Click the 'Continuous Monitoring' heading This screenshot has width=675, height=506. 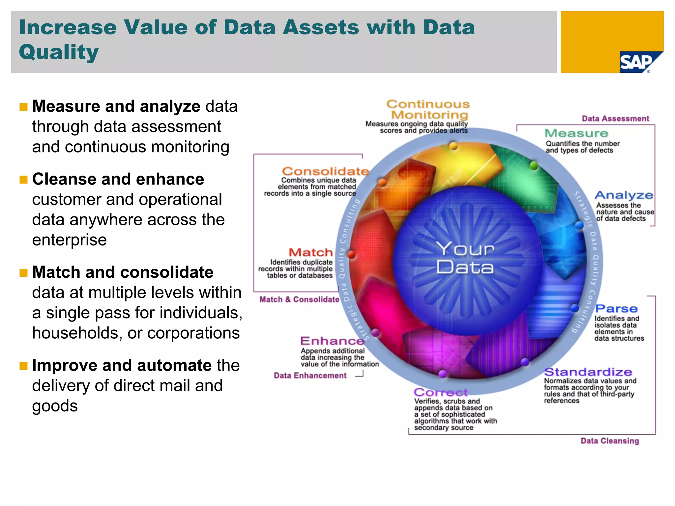(x=428, y=109)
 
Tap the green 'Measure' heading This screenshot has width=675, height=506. (x=576, y=133)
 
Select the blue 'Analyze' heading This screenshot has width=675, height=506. (x=624, y=195)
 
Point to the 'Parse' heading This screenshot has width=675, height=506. (x=616, y=309)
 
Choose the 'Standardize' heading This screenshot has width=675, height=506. (x=588, y=372)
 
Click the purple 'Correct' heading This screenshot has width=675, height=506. (x=440, y=392)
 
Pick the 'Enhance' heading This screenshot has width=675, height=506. (x=332, y=341)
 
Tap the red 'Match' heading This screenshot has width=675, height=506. (x=311, y=252)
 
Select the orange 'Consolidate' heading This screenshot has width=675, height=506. (x=325, y=171)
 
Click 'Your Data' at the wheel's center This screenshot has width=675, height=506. (x=465, y=258)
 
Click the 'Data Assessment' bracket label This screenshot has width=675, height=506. (x=615, y=119)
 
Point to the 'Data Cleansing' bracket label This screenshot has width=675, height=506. (x=609, y=441)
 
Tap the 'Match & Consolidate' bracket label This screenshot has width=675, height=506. (x=299, y=299)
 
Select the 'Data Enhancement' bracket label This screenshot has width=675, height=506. (x=310, y=376)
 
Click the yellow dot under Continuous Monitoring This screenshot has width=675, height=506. (x=454, y=146)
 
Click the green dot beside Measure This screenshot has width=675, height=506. (x=534, y=165)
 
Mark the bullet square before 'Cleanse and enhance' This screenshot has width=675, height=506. (x=23, y=180)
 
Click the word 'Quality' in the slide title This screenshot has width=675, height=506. (x=59, y=52)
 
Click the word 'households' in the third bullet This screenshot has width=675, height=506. (x=75, y=333)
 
